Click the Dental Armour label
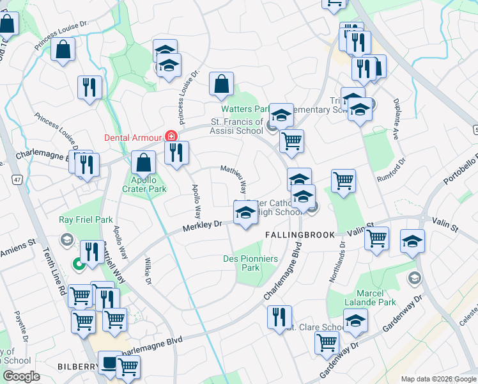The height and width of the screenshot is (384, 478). tap(133, 136)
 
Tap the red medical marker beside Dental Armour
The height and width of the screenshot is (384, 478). tap(171, 136)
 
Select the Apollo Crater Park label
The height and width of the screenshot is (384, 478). tap(144, 184)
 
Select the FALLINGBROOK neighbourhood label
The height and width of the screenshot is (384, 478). tap(300, 236)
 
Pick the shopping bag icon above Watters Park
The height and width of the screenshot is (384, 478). tap(221, 83)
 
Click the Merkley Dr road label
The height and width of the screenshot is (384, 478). tap(201, 225)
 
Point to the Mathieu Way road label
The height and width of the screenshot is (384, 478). tap(235, 180)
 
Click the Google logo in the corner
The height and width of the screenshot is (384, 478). tap(21, 376)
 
